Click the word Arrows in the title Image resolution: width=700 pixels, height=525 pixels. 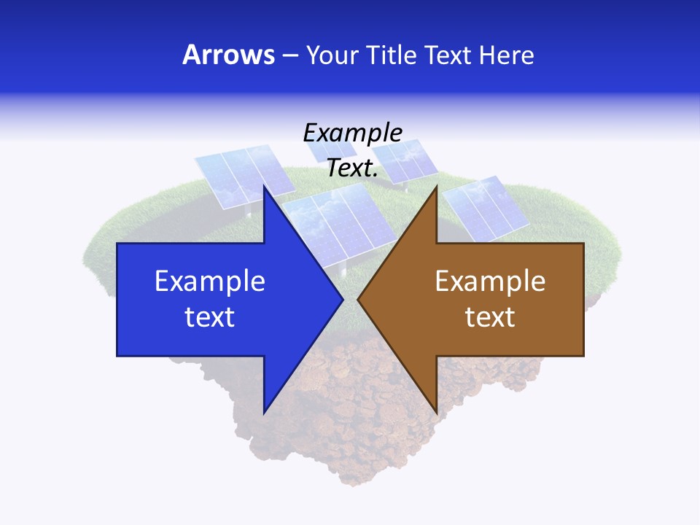pyautogui.click(x=229, y=55)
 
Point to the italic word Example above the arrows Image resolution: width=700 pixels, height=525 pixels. pyautogui.click(x=353, y=133)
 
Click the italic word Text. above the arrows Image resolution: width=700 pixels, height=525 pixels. pyautogui.click(x=353, y=168)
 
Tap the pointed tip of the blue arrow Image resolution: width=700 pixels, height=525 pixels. pyautogui.click(x=341, y=299)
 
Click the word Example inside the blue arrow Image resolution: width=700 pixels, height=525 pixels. pyautogui.click(x=210, y=281)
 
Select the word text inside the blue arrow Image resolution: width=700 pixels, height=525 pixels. pyautogui.click(x=210, y=316)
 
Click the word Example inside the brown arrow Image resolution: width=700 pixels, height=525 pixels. pyautogui.click(x=490, y=281)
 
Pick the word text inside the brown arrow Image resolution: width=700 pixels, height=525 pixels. pyautogui.click(x=490, y=316)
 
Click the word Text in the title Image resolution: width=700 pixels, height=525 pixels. pyautogui.click(x=448, y=55)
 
